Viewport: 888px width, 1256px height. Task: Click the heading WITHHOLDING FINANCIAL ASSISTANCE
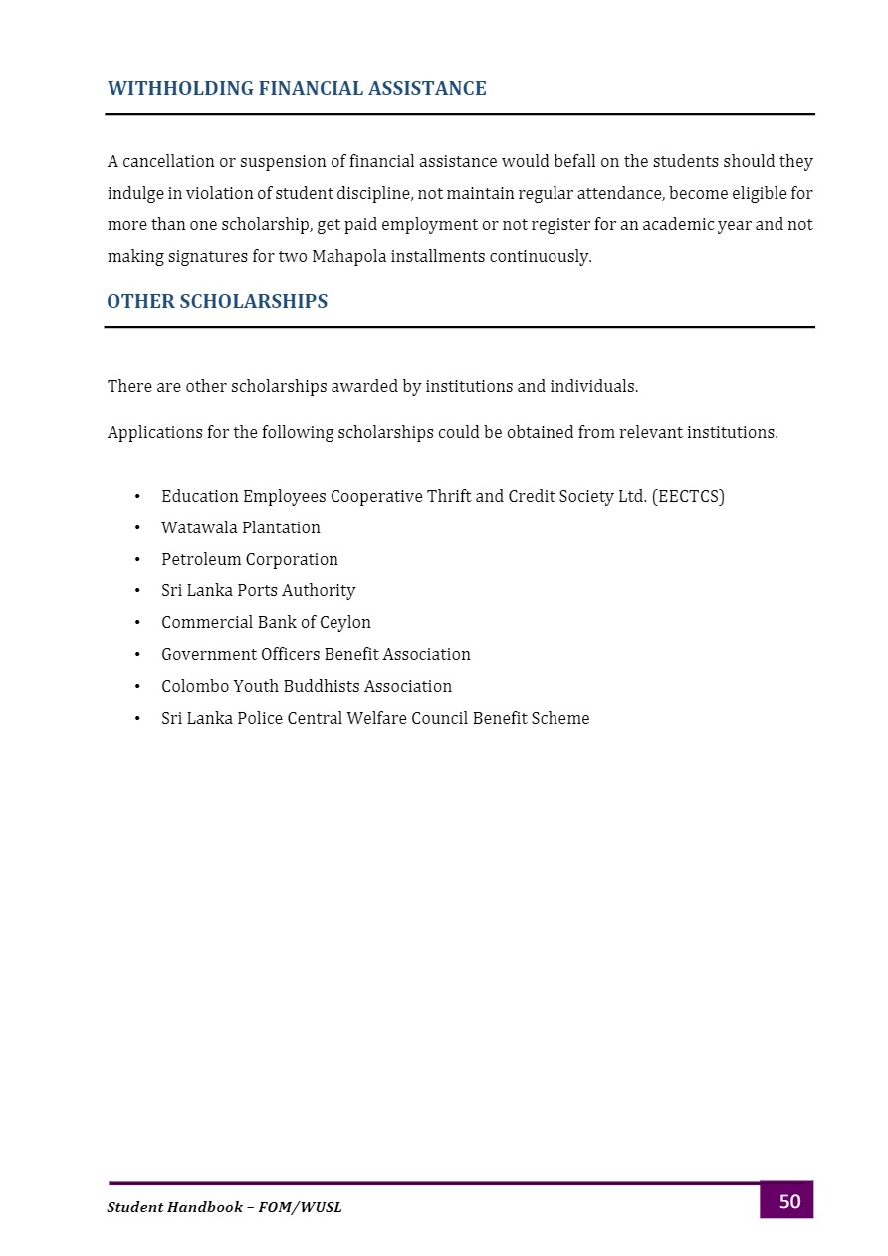tap(297, 89)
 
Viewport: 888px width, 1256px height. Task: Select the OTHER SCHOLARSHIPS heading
tap(217, 301)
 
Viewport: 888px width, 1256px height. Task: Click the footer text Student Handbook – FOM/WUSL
tap(224, 1207)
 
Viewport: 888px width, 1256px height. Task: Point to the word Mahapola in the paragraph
tap(348, 256)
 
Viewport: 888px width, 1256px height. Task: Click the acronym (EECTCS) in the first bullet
tap(688, 496)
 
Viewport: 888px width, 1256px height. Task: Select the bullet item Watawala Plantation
tap(241, 527)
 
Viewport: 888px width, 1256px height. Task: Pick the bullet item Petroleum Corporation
tap(250, 559)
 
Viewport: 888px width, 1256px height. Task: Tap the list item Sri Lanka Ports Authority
tap(258, 590)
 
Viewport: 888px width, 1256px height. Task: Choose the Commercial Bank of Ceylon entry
tap(266, 622)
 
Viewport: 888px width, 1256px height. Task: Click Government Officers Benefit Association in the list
tap(316, 654)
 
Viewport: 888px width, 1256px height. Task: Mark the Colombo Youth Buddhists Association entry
tap(307, 686)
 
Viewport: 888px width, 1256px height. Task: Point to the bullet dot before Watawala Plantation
tap(136, 527)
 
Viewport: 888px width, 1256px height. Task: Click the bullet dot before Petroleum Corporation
tap(136, 559)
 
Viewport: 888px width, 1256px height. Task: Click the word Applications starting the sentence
tap(153, 433)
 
